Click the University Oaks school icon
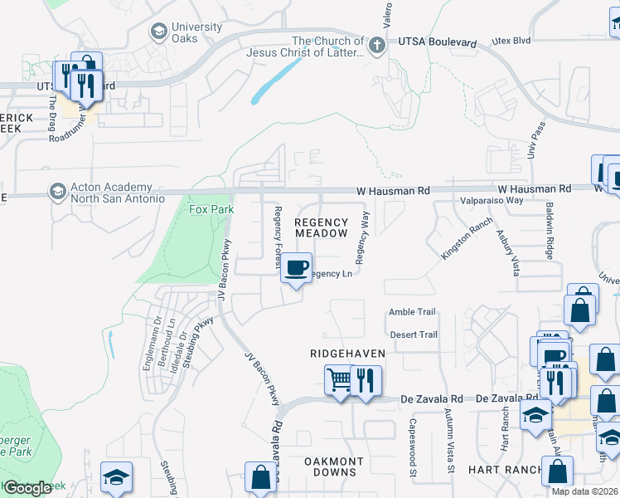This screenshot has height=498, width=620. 157,32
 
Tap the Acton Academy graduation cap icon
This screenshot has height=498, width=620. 57,192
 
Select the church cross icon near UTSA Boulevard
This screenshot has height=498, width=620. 377,45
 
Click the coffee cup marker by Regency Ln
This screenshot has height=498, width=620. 297,268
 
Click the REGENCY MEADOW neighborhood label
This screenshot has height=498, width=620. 322,228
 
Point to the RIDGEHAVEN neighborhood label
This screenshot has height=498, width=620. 347,354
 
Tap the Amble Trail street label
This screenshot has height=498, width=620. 412,312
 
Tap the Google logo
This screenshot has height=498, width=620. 27,488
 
